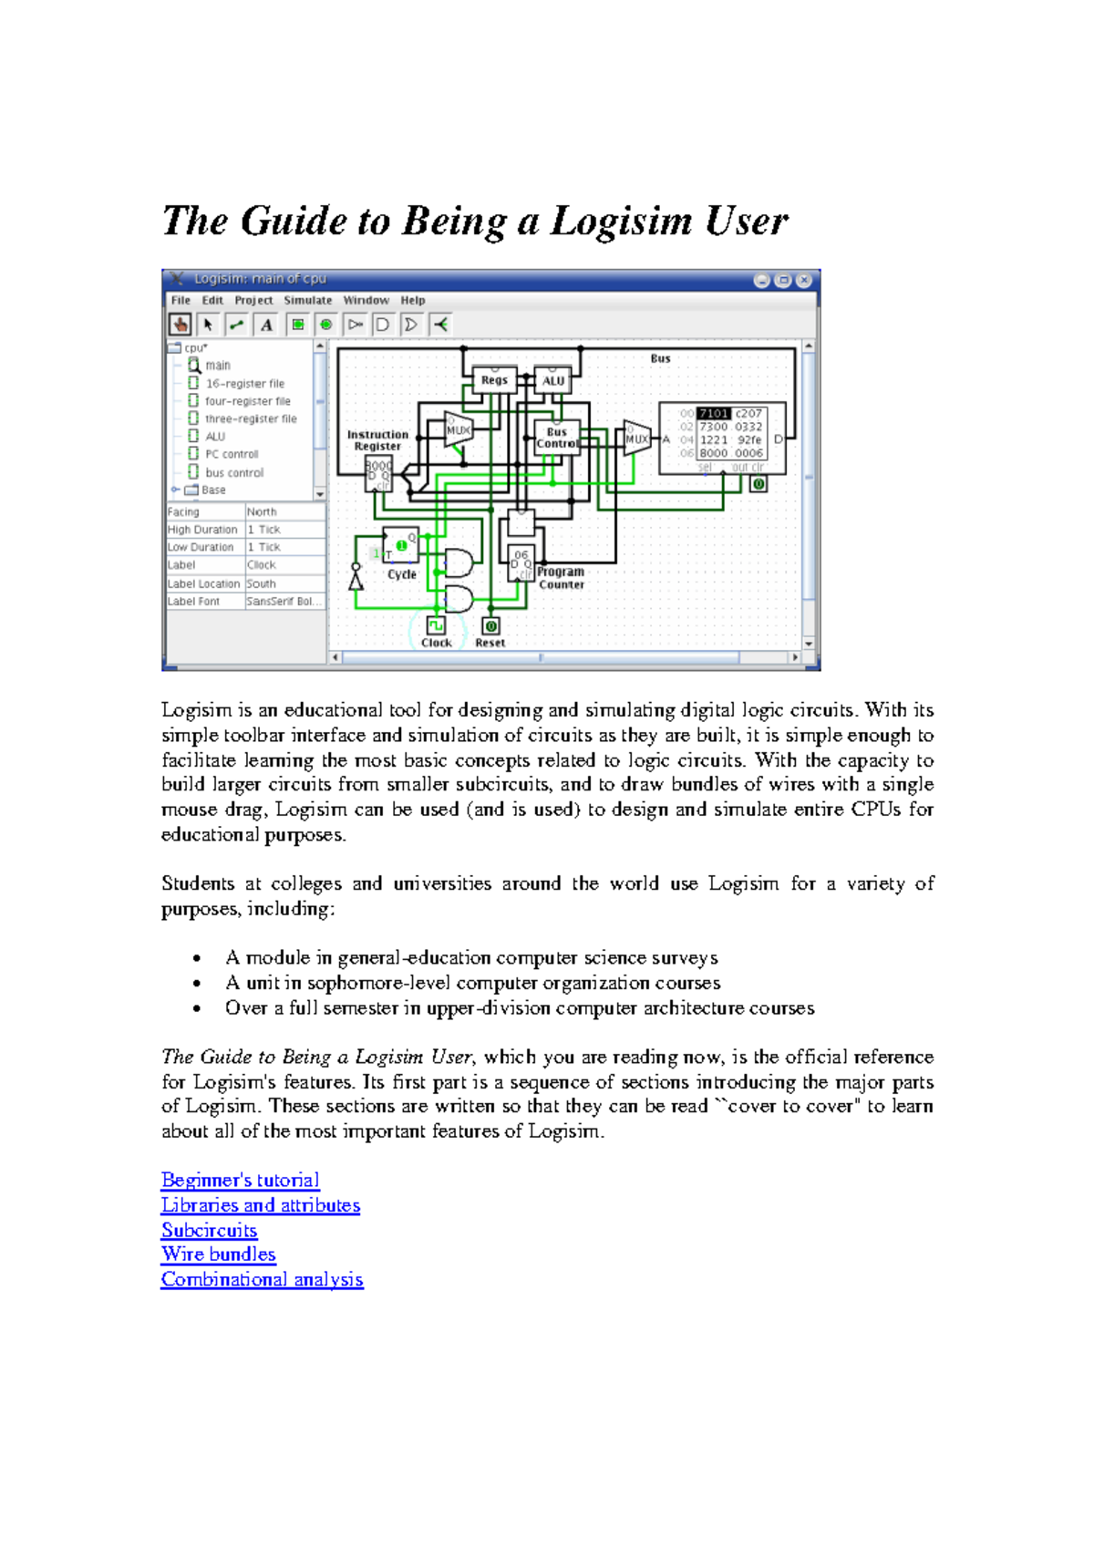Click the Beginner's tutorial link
point(240,1180)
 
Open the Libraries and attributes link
point(261,1205)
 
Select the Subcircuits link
point(209,1230)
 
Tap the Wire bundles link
point(218,1254)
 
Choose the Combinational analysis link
point(262,1279)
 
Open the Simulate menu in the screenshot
point(307,300)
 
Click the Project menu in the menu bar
point(253,300)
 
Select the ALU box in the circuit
point(553,380)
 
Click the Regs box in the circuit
point(494,380)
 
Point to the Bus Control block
point(557,438)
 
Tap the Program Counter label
point(561,578)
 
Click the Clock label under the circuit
point(437,643)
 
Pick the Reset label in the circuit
point(490,643)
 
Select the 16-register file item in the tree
point(244,384)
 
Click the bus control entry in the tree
point(234,472)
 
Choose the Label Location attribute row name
point(203,583)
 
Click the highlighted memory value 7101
point(714,413)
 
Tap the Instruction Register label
point(377,440)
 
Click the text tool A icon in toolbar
point(266,325)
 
